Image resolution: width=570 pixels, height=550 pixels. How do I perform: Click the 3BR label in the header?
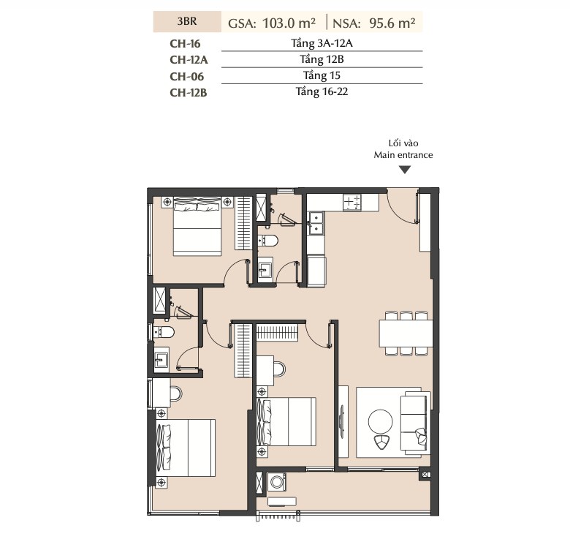click(x=187, y=21)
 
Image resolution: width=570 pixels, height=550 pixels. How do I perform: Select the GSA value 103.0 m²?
click(x=289, y=23)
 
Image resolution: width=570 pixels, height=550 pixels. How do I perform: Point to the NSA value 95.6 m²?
click(x=392, y=23)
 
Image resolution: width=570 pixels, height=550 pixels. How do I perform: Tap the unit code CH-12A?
click(x=189, y=60)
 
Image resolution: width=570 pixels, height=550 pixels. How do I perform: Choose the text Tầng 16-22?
click(x=322, y=91)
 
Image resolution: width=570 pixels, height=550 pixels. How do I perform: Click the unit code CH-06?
click(x=187, y=76)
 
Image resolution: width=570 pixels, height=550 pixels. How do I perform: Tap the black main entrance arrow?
click(x=405, y=170)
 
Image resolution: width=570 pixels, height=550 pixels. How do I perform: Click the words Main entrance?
click(x=403, y=155)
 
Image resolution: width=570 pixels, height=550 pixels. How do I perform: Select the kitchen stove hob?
click(x=352, y=203)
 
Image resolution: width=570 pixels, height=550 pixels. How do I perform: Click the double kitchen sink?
click(x=316, y=222)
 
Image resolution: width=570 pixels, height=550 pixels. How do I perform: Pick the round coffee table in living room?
click(x=380, y=422)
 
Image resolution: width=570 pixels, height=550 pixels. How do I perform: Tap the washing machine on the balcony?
click(x=277, y=482)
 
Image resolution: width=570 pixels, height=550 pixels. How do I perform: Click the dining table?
click(x=406, y=334)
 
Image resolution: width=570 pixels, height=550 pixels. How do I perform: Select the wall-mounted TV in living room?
click(x=342, y=421)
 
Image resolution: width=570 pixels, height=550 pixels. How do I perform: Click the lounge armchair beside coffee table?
click(x=381, y=442)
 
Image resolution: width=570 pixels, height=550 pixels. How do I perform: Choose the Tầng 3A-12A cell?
click(x=322, y=43)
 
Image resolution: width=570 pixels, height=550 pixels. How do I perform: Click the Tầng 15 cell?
click(x=322, y=75)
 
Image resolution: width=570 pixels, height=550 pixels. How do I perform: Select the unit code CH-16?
click(x=185, y=44)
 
